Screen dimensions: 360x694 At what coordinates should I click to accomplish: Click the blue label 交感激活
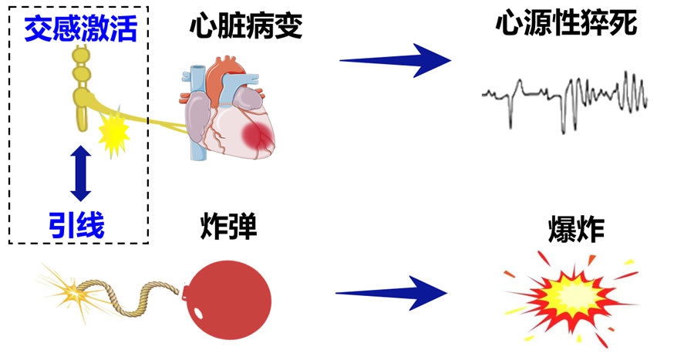80,31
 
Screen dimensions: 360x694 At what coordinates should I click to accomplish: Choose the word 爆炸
574,230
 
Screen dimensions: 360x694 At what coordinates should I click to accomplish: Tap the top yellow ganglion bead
80,57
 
